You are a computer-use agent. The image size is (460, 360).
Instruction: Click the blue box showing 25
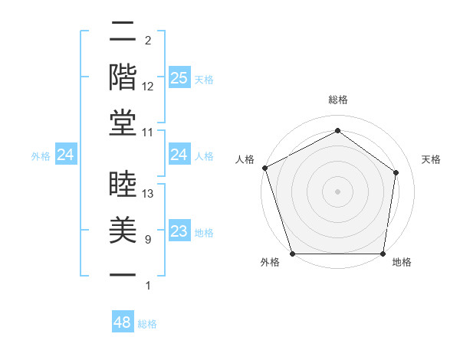pos(179,77)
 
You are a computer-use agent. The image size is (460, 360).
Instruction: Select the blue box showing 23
pos(179,231)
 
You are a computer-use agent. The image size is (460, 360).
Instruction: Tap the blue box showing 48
pos(123,322)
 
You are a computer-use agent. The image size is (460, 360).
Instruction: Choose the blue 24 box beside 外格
pos(66,155)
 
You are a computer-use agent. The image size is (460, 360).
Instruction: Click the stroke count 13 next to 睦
pos(149,194)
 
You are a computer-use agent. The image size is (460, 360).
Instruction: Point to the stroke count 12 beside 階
pos(149,87)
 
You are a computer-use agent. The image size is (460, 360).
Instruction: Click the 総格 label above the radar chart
pos(338,100)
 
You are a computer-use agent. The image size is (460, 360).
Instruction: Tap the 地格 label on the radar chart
pos(402,263)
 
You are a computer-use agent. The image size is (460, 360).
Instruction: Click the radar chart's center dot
pos(338,191)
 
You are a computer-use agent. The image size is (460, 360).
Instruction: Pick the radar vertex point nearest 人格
pos(264,168)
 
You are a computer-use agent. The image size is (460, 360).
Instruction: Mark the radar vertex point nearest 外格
pos(293,254)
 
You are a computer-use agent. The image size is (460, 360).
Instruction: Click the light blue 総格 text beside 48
pos(147,324)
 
